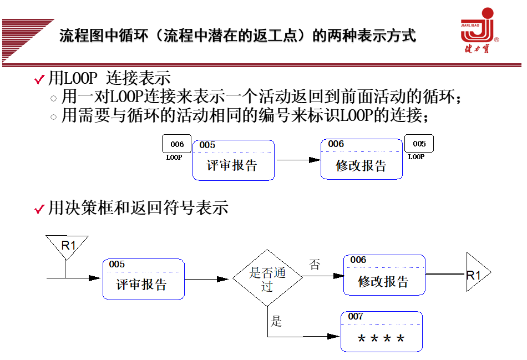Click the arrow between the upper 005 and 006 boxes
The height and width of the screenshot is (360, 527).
point(298,160)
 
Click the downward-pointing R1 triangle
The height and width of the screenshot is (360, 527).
point(67,246)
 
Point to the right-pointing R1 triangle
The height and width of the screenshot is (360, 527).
point(475,274)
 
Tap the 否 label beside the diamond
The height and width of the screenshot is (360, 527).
point(315,265)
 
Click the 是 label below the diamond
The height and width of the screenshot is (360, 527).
point(276,321)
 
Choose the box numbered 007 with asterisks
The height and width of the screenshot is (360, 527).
point(381,331)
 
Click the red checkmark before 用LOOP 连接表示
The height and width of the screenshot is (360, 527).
point(39,80)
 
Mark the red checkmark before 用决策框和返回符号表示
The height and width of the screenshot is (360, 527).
point(39,209)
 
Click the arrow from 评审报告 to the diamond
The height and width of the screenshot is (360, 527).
point(207,279)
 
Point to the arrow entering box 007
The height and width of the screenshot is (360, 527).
point(311,336)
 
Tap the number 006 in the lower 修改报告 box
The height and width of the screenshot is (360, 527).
point(358,260)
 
